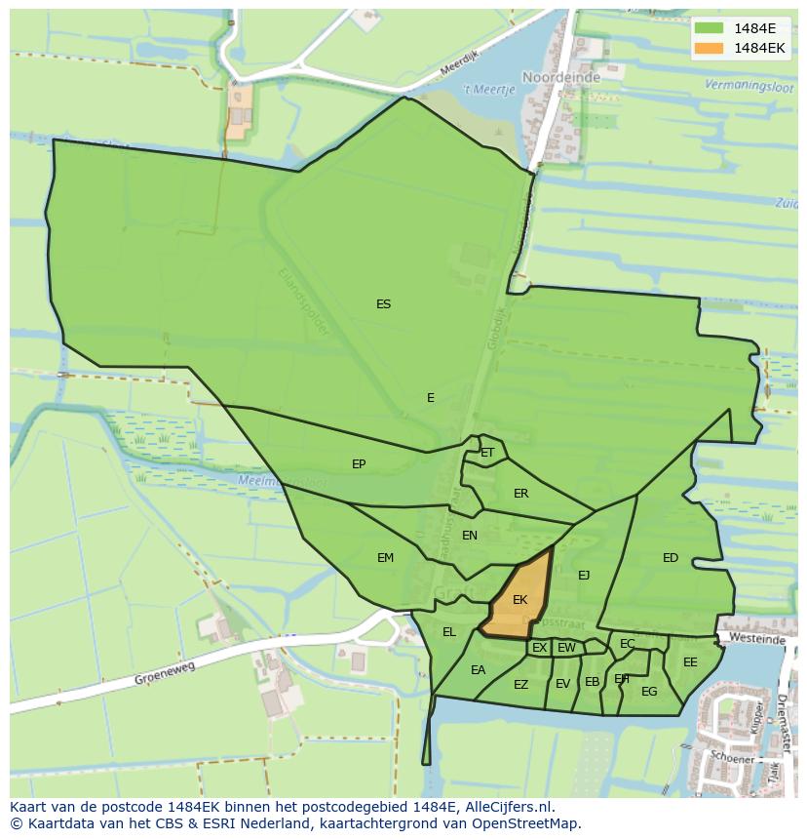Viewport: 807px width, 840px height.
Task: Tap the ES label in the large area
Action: (383, 304)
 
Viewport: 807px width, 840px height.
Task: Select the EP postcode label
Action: (359, 464)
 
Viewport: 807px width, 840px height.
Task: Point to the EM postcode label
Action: (385, 558)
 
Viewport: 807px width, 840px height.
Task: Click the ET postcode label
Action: (487, 453)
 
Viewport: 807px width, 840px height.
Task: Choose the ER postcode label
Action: (520, 494)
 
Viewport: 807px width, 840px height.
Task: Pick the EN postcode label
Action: (470, 536)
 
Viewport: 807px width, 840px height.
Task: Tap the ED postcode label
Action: (671, 558)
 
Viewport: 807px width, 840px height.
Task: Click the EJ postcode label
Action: (584, 576)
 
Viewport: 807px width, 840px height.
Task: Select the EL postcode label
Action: (448, 632)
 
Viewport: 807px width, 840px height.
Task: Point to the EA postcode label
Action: (478, 670)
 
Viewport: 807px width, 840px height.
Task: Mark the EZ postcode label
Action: (520, 685)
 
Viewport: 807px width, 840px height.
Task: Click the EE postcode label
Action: (690, 662)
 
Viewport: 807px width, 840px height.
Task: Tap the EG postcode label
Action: (649, 692)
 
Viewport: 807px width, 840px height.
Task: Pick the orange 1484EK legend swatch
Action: (710, 48)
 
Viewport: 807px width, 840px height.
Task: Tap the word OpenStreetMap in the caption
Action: (525, 823)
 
